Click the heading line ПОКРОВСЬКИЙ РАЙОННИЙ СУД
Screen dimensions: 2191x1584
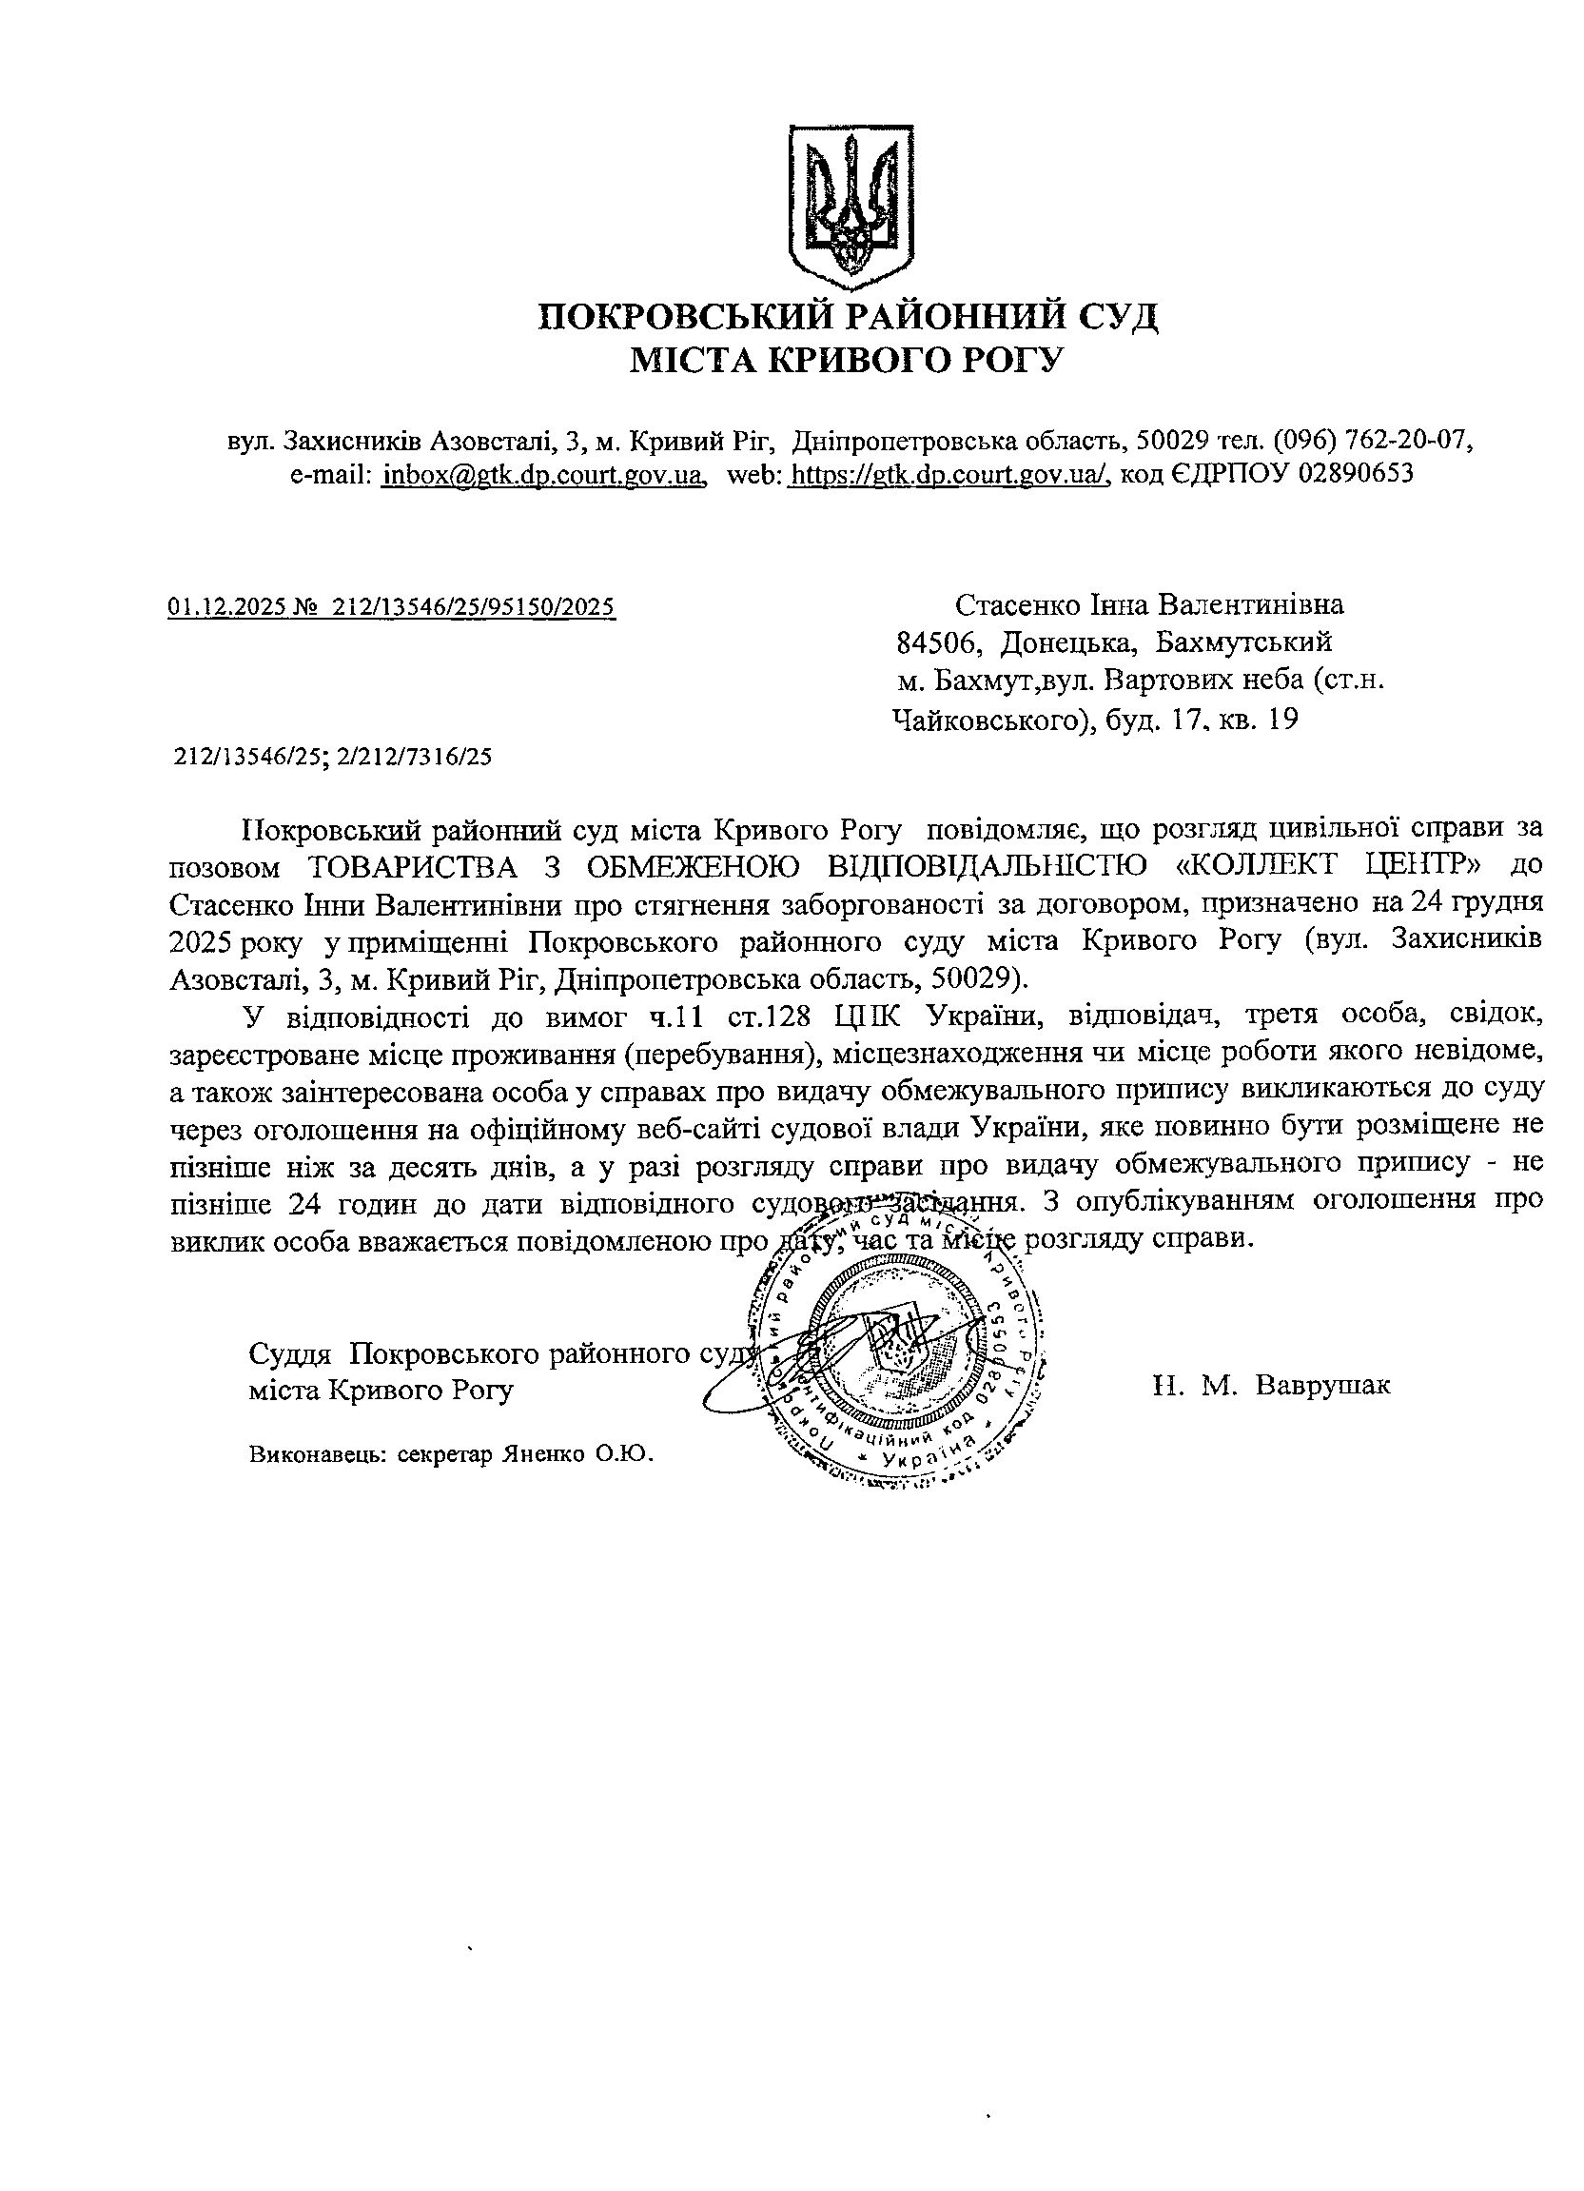coord(847,317)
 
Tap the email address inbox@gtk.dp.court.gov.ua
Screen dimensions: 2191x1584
coord(542,474)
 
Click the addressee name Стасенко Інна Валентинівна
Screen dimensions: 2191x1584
coord(1149,605)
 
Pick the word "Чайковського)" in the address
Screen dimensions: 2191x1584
coord(985,720)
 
